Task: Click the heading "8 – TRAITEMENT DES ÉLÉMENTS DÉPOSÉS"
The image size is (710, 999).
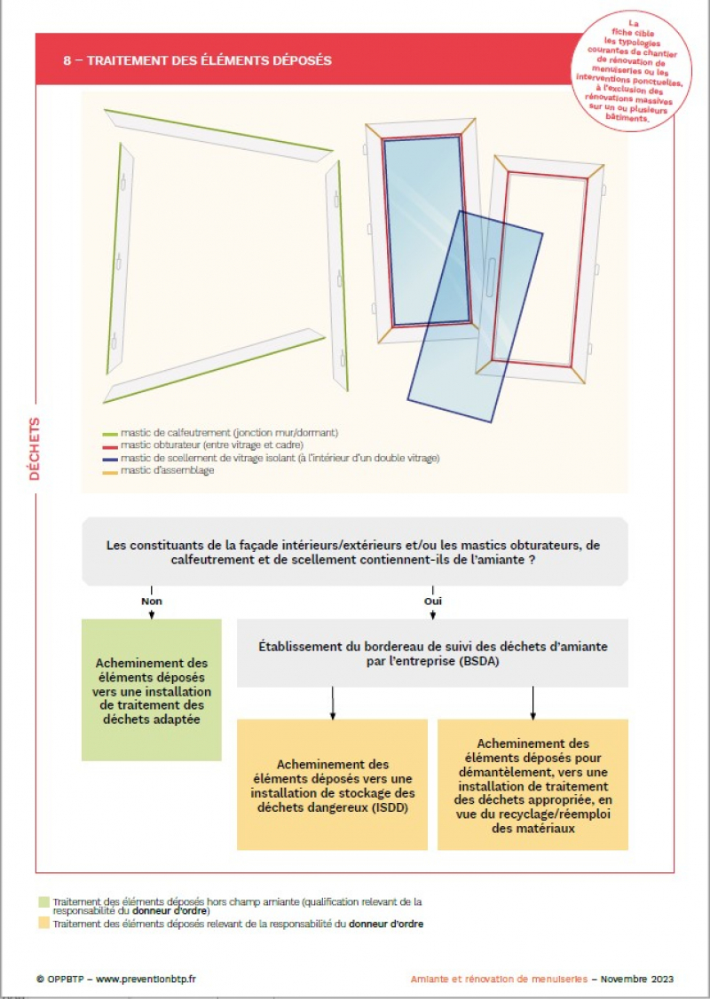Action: click(197, 60)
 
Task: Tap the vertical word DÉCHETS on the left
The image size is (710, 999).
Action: click(35, 449)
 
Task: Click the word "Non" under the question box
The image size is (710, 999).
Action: click(152, 601)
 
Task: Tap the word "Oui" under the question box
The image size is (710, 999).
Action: click(433, 601)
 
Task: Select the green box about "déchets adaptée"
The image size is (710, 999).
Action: click(151, 690)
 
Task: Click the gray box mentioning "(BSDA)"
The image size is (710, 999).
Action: click(432, 653)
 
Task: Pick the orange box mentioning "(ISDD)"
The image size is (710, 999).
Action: click(332, 785)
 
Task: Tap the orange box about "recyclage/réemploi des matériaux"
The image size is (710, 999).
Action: click(532, 785)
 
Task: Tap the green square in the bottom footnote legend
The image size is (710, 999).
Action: click(43, 902)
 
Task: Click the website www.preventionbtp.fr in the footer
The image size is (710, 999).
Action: click(146, 979)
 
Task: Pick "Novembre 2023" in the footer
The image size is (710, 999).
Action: click(636, 979)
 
